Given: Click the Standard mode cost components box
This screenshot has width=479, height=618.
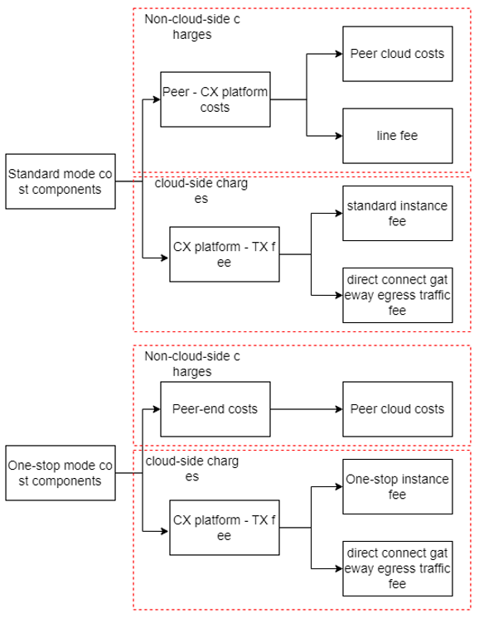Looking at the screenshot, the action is click(60, 181).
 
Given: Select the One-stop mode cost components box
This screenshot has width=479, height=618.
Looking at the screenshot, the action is click(60, 473).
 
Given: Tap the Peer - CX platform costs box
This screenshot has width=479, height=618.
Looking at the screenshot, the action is click(215, 99).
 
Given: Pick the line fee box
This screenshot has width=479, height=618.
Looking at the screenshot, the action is click(398, 136).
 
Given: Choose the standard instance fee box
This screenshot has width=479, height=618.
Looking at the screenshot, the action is click(398, 213).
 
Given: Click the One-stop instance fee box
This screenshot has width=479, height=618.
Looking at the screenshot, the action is click(398, 486).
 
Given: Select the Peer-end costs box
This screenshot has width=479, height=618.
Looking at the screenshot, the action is click(215, 409).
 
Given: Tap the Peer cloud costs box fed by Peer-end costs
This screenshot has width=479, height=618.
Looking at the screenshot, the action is click(398, 409).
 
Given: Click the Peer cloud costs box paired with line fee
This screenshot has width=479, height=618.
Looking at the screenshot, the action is click(398, 54).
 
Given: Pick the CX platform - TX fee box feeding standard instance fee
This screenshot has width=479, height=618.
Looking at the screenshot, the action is click(225, 254).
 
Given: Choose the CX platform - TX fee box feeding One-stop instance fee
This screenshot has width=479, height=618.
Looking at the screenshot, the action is click(225, 528).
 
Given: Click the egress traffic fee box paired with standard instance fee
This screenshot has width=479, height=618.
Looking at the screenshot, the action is click(398, 295).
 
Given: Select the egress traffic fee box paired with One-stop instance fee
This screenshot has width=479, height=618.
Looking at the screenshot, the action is click(398, 568).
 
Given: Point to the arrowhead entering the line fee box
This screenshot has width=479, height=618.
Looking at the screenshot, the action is click(339, 136).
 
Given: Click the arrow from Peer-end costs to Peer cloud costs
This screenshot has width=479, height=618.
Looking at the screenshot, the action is click(307, 409).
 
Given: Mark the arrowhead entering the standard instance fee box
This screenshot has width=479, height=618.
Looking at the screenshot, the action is click(339, 213).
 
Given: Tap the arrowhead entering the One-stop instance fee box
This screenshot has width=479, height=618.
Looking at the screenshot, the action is click(339, 486).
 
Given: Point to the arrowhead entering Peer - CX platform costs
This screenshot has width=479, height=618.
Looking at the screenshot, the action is click(157, 99).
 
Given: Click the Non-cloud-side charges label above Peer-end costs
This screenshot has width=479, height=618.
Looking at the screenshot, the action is click(192, 364).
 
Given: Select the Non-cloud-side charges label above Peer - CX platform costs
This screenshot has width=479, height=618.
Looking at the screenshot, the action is click(192, 27).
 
